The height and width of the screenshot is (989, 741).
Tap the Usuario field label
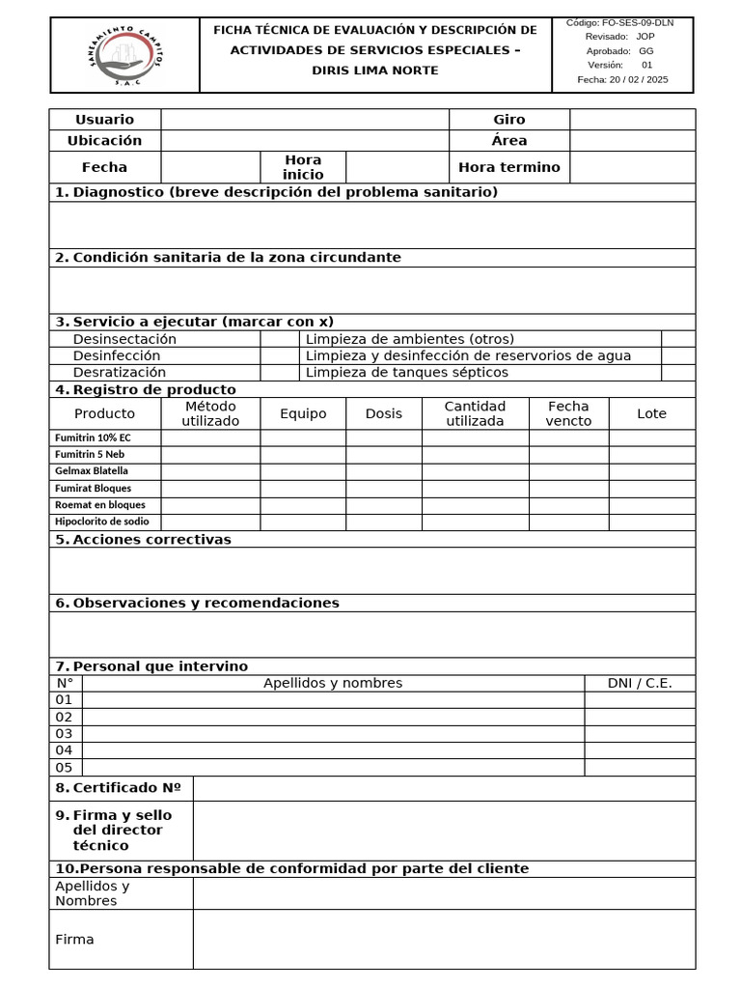point(104,120)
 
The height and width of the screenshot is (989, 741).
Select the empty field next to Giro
point(632,120)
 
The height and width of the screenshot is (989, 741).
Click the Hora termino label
point(508,167)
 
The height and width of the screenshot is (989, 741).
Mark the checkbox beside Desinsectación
point(279,339)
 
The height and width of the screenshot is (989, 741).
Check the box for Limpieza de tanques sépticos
point(677,372)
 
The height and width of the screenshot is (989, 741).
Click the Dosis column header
point(384,413)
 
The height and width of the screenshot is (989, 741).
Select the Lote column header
point(651,413)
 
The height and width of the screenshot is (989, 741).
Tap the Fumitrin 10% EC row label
point(94,438)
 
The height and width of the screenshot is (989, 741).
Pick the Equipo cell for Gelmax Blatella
point(303,471)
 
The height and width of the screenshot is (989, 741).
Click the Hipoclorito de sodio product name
point(102,522)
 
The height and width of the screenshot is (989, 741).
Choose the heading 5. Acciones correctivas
point(144,540)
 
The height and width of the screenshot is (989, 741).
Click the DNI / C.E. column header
point(639,683)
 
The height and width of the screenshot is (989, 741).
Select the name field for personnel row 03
point(334,733)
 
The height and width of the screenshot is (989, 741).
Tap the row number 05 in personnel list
point(65,768)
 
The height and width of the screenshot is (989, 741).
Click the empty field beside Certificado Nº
point(443,788)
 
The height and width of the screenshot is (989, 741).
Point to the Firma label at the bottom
point(75,939)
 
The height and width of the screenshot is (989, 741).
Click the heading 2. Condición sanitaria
point(228,258)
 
